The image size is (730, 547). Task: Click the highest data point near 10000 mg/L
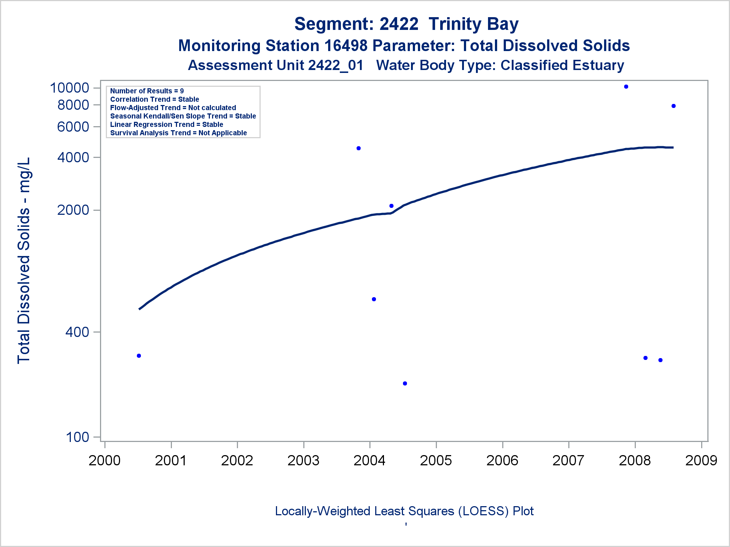tap(626, 87)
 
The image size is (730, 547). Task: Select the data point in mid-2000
tap(139, 356)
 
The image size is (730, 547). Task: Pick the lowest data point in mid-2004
tap(405, 384)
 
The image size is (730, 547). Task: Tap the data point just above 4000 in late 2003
tap(358, 148)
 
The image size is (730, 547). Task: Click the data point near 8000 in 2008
tap(673, 106)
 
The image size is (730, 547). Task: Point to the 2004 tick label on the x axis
tap(369, 461)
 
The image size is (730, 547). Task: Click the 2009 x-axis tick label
tap(701, 461)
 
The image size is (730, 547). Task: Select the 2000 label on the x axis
tap(104, 461)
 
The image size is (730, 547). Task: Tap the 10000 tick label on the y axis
tap(69, 88)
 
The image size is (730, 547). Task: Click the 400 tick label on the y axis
tap(77, 332)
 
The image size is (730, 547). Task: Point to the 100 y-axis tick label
tap(77, 437)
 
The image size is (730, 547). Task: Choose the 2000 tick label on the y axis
tap(73, 210)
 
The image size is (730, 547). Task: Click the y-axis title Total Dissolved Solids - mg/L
tap(24, 261)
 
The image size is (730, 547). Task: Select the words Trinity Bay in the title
tap(473, 24)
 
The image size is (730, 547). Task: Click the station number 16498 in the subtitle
tap(346, 46)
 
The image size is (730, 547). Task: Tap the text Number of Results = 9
tap(147, 91)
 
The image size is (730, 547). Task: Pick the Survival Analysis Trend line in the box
tap(178, 133)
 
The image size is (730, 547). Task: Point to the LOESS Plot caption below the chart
tap(404, 511)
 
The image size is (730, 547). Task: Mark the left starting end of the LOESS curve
tap(139, 309)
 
